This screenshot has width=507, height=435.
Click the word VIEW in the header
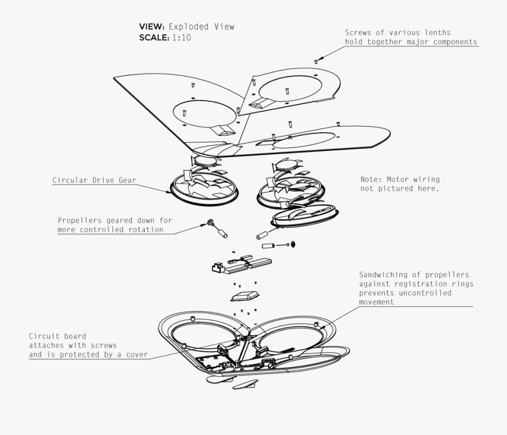coord(151,26)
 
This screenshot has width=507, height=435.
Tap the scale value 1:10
coord(181,38)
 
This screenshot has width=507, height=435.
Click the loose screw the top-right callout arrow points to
coord(316,61)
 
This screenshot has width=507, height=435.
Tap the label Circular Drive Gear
coord(94,181)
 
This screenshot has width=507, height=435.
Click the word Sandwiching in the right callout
coord(384,275)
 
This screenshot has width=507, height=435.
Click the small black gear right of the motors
coord(292,244)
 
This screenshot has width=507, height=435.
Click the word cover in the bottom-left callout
coord(136,354)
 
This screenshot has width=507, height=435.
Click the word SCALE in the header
coord(153,38)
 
